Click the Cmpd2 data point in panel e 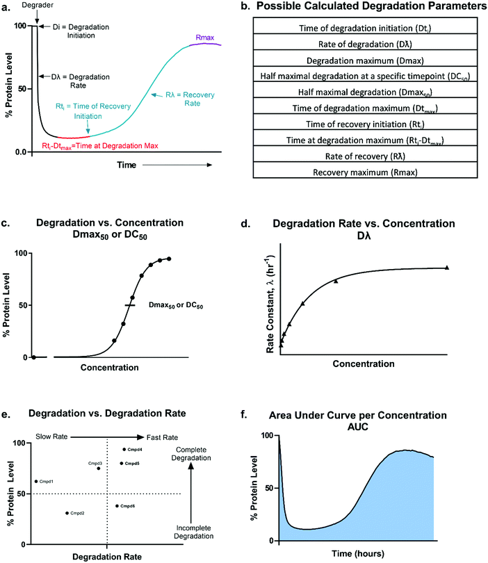click(x=67, y=513)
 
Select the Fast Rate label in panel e click(x=165, y=437)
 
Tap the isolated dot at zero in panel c click(x=33, y=357)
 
